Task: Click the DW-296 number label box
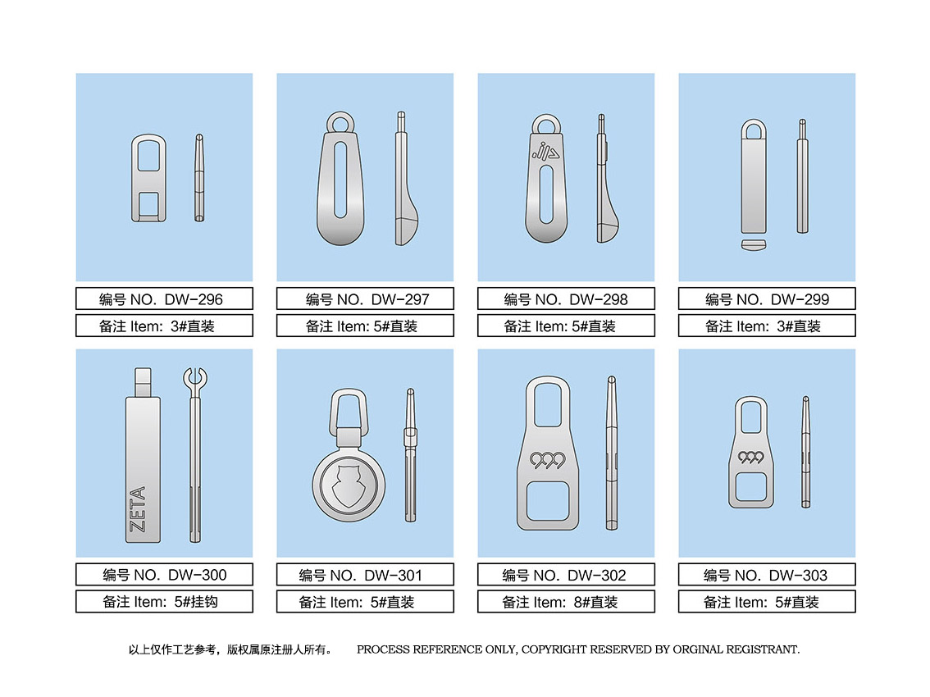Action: (x=164, y=298)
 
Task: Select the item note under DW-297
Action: (x=365, y=326)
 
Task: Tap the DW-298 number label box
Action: (x=566, y=298)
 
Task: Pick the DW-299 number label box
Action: (x=767, y=298)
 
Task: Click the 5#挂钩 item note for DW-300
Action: (x=164, y=602)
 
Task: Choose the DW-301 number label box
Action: (x=365, y=574)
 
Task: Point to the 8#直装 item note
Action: (x=566, y=602)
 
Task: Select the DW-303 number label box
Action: (x=767, y=574)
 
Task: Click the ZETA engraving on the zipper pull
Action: (x=138, y=509)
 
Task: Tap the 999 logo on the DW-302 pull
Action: (x=548, y=460)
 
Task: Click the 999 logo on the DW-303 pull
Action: (x=751, y=458)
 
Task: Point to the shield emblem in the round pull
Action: (x=349, y=486)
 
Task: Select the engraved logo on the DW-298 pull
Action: (x=545, y=151)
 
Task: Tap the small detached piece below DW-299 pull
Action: (x=754, y=244)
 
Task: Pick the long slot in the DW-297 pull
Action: (x=340, y=180)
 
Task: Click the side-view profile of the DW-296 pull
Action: (x=199, y=178)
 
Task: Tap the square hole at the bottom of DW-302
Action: (x=548, y=501)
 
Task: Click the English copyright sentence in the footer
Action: (x=577, y=649)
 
